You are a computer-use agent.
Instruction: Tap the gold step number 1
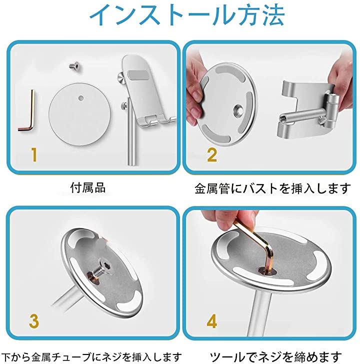[34, 154]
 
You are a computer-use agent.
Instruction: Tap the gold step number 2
[212, 154]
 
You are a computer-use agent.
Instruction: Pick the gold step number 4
[211, 321]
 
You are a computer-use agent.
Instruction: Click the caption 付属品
[88, 187]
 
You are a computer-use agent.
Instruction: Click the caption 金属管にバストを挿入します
[272, 188]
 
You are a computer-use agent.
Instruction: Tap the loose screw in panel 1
[74, 65]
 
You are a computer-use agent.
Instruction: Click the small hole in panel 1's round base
[81, 98]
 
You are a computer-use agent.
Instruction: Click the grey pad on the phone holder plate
[138, 75]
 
